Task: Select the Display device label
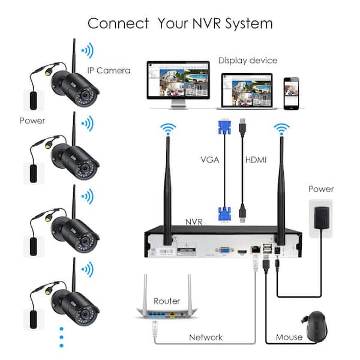pyautogui.click(x=247, y=60)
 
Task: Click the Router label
pyautogui.click(x=167, y=301)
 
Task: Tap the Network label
pyautogui.click(x=206, y=337)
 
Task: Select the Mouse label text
pyautogui.click(x=289, y=337)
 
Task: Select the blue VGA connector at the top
pyautogui.click(x=224, y=128)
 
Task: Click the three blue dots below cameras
pyautogui.click(x=61, y=337)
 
